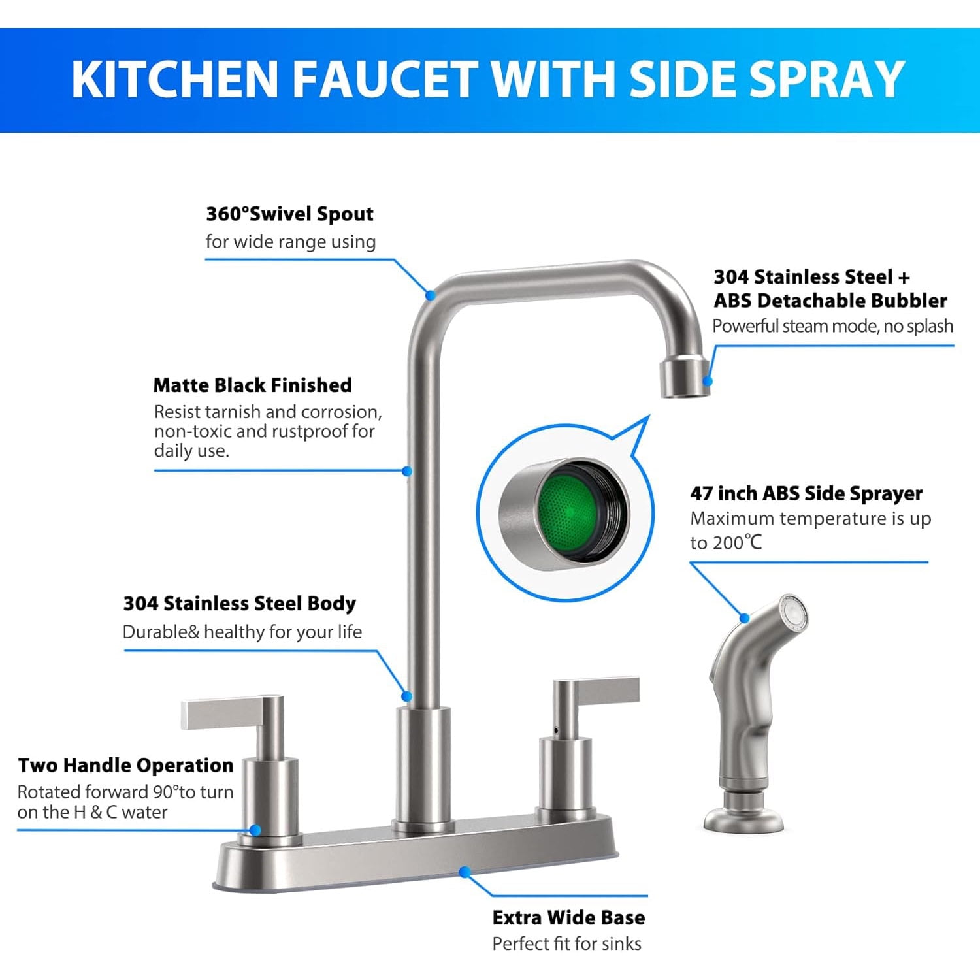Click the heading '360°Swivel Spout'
pyautogui.click(x=289, y=214)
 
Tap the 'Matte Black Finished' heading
pyautogui.click(x=252, y=385)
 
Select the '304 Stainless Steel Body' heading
pyautogui.click(x=239, y=603)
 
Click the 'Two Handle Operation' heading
pyautogui.click(x=125, y=765)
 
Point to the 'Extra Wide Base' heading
pyautogui.click(x=568, y=918)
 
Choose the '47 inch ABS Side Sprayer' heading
pyautogui.click(x=806, y=493)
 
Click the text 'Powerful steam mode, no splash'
pyautogui.click(x=832, y=326)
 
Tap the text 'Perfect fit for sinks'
pyautogui.click(x=566, y=944)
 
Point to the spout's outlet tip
pyautogui.click(x=684, y=379)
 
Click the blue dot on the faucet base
pyautogui.click(x=465, y=872)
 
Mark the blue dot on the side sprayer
pyautogui.click(x=744, y=618)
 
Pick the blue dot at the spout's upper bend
pyautogui.click(x=430, y=295)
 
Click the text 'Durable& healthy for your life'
pyautogui.click(x=242, y=632)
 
